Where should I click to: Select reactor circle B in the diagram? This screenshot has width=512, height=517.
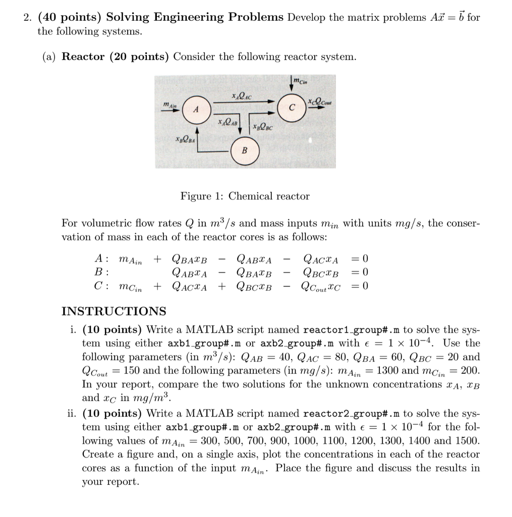(x=245, y=150)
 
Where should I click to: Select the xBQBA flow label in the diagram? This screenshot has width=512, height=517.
(x=185, y=139)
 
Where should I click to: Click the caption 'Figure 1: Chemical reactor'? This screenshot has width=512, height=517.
(x=245, y=196)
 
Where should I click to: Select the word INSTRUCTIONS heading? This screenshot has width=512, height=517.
(x=113, y=311)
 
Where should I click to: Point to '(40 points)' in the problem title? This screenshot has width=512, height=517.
(x=70, y=17)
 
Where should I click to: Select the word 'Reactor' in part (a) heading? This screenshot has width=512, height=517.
(x=83, y=57)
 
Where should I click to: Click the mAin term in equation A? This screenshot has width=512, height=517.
(x=130, y=260)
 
